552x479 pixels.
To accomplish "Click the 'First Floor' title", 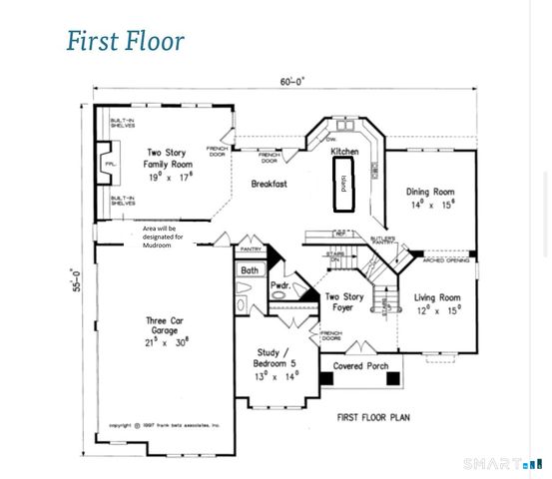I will click(125, 41).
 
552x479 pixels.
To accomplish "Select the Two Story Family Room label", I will click(168, 165).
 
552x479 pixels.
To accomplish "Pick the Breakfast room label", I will click(269, 184).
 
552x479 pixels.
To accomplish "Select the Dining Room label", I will click(430, 197).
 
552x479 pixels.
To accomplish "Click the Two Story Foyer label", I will click(346, 302).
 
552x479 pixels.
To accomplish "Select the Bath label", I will click(249, 269).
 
